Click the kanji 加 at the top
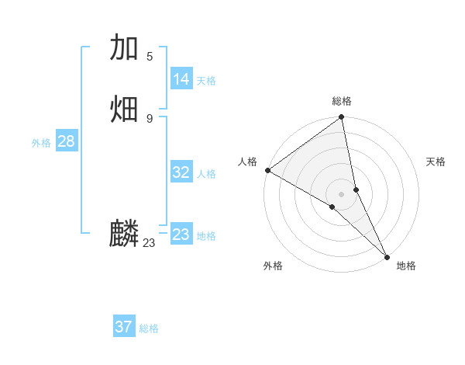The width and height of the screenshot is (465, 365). [124, 49]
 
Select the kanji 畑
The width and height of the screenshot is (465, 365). [124, 109]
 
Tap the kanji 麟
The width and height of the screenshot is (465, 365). [124, 234]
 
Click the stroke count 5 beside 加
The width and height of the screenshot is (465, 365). [150, 56]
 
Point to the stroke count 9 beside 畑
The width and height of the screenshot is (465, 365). [150, 118]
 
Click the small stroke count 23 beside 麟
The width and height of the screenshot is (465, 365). [149, 243]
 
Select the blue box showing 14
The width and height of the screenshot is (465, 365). [181, 79]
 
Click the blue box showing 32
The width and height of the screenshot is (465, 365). [181, 172]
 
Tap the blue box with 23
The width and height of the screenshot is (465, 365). [181, 235]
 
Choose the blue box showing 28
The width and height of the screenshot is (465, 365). [66, 141]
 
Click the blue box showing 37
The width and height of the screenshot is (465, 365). [124, 327]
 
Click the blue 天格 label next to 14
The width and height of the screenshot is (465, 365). [206, 81]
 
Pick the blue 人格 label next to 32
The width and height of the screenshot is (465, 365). [206, 174]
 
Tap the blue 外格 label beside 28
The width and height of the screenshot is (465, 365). [41, 143]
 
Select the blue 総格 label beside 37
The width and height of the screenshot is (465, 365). [149, 328]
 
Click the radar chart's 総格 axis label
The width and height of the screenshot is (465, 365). [342, 101]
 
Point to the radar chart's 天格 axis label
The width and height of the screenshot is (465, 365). [436, 162]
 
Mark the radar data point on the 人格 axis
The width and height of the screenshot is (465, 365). [267, 170]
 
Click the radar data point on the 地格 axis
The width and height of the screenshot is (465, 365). [387, 256]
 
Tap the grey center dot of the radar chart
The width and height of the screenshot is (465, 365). [342, 193]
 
